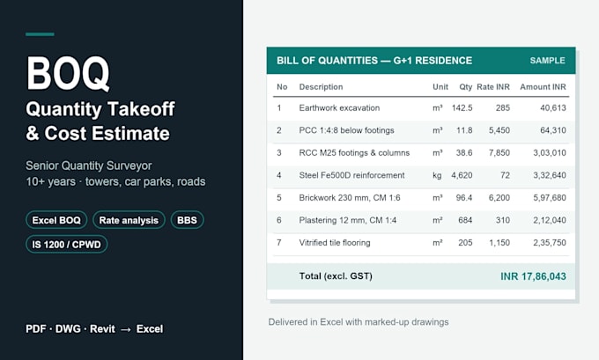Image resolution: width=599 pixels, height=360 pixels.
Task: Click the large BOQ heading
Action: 68,73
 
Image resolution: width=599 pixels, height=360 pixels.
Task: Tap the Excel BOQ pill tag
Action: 56,220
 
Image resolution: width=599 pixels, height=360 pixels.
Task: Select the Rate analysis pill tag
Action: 129,220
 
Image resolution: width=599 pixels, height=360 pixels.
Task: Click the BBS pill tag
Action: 187,220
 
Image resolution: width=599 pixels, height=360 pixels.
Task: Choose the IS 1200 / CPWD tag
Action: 66,245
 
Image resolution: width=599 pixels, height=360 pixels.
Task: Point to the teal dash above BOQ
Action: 40,34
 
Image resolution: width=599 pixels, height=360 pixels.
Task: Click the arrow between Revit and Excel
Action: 126,329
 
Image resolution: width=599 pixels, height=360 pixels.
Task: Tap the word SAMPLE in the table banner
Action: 547,61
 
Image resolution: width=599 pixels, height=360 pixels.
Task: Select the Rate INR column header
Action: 493,87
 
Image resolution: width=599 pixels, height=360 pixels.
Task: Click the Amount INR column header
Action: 543,87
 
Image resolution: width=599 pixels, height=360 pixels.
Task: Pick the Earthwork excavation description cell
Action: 339,108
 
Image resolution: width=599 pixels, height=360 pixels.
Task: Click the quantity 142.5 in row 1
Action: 462,108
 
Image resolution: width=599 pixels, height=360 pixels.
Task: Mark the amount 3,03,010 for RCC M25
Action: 550,153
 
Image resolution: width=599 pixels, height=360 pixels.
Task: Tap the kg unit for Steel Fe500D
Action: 437,176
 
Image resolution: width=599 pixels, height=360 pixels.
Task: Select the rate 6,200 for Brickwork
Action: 499,198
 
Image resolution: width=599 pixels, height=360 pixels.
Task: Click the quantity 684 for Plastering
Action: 465,220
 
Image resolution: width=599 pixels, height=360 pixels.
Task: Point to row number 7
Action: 279,243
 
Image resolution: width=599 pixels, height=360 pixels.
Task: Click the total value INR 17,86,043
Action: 533,276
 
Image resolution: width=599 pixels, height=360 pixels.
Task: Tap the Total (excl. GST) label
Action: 336,276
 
